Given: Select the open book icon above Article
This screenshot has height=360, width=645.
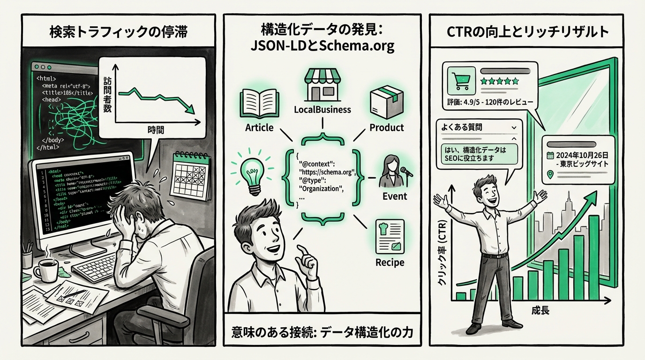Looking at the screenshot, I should click(x=259, y=103).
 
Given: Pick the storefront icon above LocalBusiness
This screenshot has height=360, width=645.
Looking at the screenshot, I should click(x=322, y=84).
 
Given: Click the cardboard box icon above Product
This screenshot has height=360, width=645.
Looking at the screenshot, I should click(x=386, y=103).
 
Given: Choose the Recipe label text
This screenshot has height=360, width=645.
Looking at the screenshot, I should click(x=390, y=262).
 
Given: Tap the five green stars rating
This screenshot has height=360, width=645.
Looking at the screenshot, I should click(x=500, y=81).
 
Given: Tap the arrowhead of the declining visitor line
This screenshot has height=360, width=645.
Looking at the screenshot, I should click(x=190, y=111).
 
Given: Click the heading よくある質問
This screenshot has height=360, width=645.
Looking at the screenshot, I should click(x=462, y=127).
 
